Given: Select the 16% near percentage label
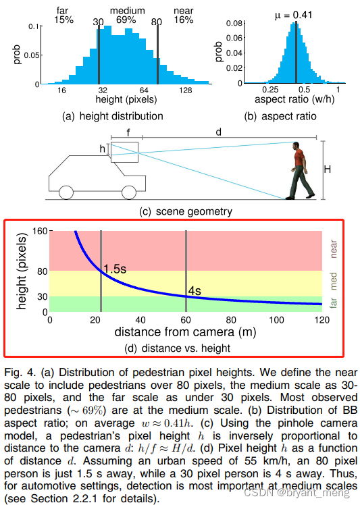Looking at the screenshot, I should tap(183, 21).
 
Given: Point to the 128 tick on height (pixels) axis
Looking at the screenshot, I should tap(185, 90).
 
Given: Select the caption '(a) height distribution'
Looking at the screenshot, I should tap(109, 115).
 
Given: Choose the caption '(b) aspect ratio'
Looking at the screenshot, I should tap(280, 115).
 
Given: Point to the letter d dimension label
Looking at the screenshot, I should tap(218, 133).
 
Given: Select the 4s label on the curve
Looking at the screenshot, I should tap(195, 291).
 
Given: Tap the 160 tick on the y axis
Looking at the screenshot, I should tap(38, 231).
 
